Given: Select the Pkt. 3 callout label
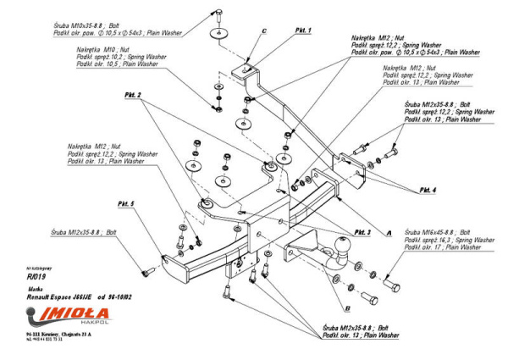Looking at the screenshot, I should coord(363,231).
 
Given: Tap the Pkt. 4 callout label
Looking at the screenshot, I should coord(428,190).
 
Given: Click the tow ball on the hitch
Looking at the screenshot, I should coord(348,251).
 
